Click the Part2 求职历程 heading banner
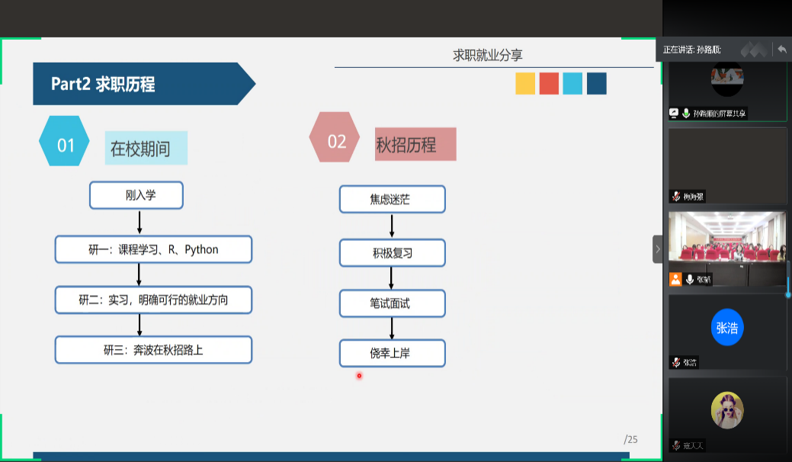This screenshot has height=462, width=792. pyautogui.click(x=137, y=84)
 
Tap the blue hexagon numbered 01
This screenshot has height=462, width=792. pyautogui.click(x=65, y=145)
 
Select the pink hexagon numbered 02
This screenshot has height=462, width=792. pyautogui.click(x=335, y=141)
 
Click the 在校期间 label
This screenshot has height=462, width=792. pyautogui.click(x=145, y=148)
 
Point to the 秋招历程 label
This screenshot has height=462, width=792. pyautogui.click(x=415, y=144)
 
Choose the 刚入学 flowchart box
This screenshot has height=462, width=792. pyautogui.click(x=136, y=195)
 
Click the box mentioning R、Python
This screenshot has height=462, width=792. pyautogui.click(x=152, y=249)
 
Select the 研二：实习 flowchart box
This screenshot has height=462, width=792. pyautogui.click(x=152, y=300)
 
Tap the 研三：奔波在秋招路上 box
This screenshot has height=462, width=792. pyautogui.click(x=152, y=350)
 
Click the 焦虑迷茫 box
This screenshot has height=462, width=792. pyautogui.click(x=392, y=199)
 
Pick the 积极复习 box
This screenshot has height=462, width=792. pyautogui.click(x=392, y=252)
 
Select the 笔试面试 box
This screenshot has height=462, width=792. pyautogui.click(x=392, y=303)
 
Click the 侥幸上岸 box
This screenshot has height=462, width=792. pyautogui.click(x=392, y=353)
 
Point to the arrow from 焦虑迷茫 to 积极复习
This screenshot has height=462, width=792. pyautogui.click(x=392, y=226)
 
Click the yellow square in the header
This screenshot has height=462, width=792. pyautogui.click(x=525, y=83)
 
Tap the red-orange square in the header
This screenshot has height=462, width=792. pyautogui.click(x=549, y=83)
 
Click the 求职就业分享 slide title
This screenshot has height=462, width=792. pyautogui.click(x=488, y=55)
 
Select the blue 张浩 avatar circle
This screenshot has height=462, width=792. pyautogui.click(x=727, y=328)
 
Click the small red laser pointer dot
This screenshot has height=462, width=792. pyautogui.click(x=359, y=375)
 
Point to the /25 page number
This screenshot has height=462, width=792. pyautogui.click(x=630, y=439)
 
